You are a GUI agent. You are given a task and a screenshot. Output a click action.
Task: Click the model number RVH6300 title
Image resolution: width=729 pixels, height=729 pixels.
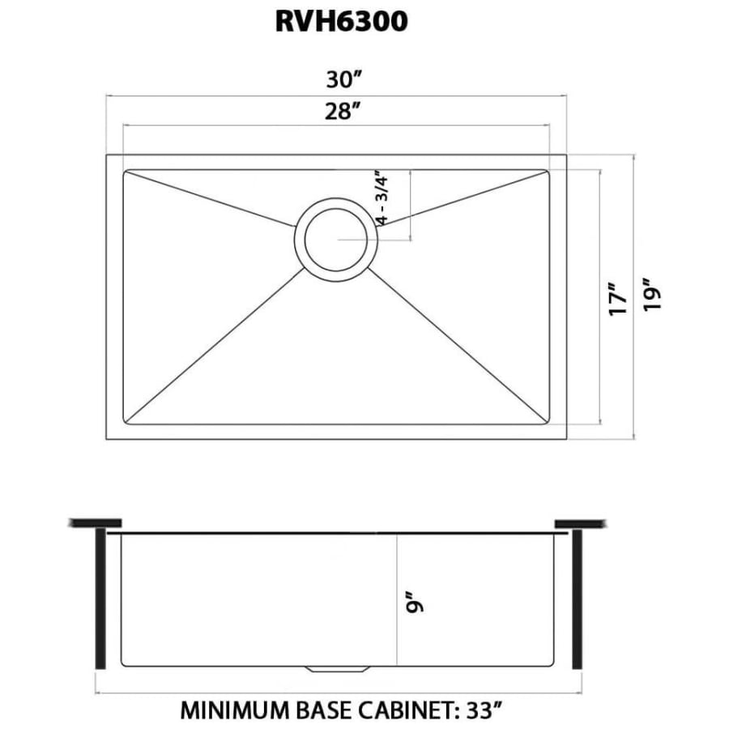pyautogui.click(x=341, y=22)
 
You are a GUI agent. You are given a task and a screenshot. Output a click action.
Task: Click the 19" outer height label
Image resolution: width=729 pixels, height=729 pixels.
pyautogui.click(x=654, y=295)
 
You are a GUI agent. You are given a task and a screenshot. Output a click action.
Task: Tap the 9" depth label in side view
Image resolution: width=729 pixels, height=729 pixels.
pyautogui.click(x=415, y=604)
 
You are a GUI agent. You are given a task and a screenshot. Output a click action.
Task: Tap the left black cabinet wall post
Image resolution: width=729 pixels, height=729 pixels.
pyautogui.click(x=100, y=598)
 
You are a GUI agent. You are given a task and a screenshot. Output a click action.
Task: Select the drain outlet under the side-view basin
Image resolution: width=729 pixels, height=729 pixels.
pyautogui.click(x=337, y=668)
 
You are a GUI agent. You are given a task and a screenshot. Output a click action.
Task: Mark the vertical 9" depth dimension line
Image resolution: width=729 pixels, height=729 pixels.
pyautogui.click(x=396, y=567)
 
